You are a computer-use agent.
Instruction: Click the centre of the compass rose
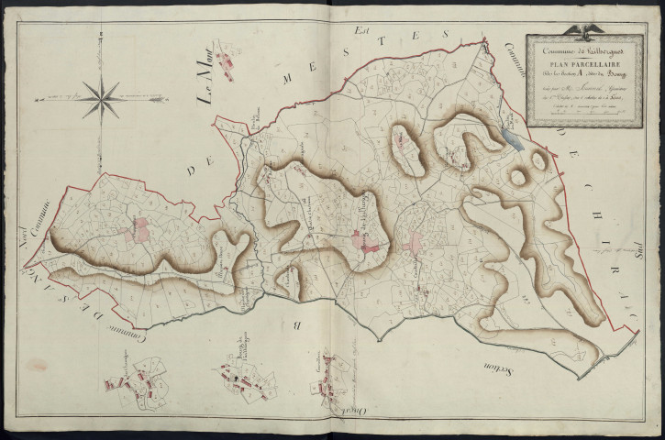click(x=101, y=94)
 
